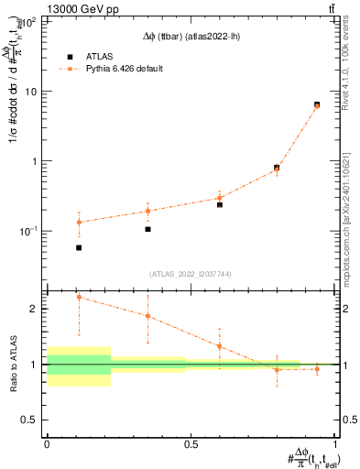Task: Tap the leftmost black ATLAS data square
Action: pos(79,247)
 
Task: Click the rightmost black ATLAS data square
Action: pos(317,104)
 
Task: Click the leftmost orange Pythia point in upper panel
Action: pos(79,223)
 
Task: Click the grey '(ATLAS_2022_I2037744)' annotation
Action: pos(191,274)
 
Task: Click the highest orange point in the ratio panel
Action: pos(79,297)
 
